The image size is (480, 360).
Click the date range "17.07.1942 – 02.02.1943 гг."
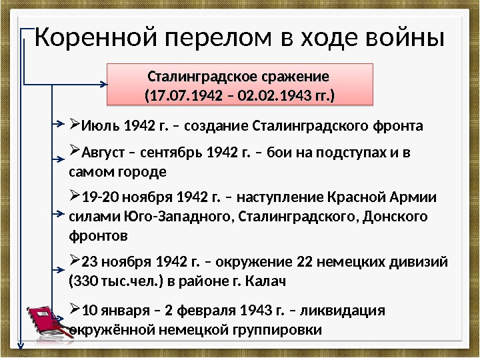pos(240,98)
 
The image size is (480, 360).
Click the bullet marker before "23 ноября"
pos(74,260)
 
